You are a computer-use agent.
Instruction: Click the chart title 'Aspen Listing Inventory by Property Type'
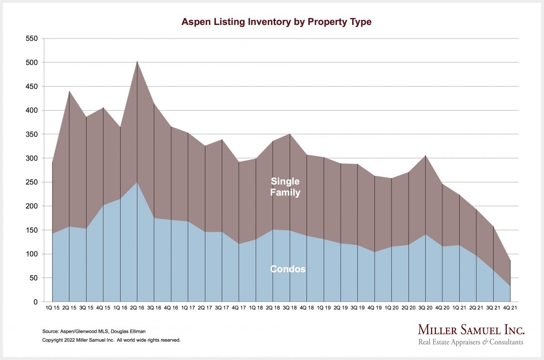(276, 22)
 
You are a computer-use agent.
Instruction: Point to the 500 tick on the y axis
(32, 63)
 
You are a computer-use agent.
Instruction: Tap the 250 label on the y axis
(32, 182)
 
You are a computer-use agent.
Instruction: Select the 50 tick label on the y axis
(34, 278)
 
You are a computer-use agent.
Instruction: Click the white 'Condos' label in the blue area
(288, 269)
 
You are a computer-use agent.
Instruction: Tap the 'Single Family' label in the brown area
(285, 187)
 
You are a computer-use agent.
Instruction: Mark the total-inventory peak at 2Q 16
(137, 61)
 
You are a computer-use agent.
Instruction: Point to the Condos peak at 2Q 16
(137, 182)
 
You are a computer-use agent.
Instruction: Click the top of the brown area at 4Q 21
(510, 260)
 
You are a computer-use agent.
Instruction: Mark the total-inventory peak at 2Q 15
(69, 91)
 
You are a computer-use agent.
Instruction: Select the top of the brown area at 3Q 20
(426, 156)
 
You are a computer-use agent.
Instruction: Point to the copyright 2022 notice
(112, 340)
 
